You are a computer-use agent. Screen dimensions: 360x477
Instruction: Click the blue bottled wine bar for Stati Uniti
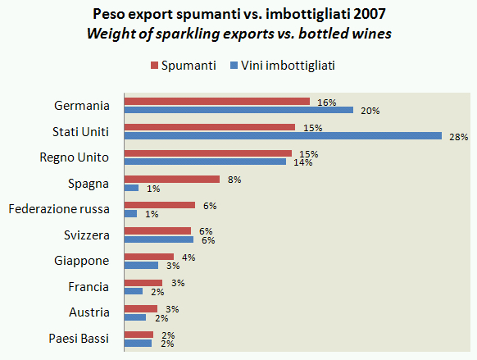click(x=282, y=136)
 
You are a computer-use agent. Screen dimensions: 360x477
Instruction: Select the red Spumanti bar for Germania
click(x=216, y=102)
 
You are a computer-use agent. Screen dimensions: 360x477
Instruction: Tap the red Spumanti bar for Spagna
click(x=171, y=179)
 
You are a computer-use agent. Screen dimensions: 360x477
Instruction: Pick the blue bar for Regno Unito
click(x=204, y=162)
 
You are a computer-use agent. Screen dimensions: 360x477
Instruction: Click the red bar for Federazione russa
click(x=159, y=205)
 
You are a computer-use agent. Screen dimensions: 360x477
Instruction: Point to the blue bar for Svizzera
click(x=158, y=239)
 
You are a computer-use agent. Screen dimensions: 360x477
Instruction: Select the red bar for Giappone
click(x=148, y=257)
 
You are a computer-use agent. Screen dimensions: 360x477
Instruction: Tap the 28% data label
click(x=458, y=136)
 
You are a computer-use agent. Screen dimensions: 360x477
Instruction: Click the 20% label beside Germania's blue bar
click(x=370, y=110)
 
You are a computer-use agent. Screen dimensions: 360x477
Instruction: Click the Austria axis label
click(x=90, y=312)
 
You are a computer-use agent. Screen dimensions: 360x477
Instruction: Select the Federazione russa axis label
click(x=59, y=208)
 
